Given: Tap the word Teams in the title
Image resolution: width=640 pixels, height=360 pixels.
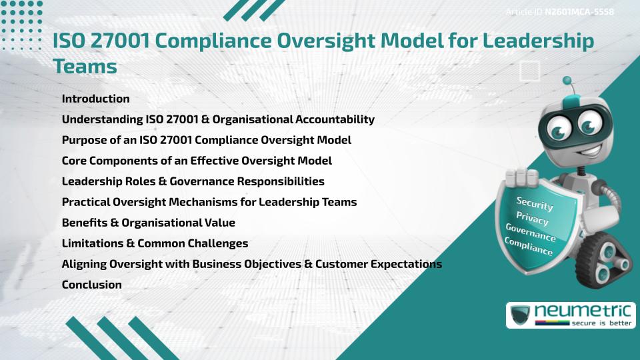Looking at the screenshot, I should (x=85, y=67).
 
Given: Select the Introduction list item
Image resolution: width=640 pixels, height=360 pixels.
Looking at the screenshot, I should (x=95, y=99).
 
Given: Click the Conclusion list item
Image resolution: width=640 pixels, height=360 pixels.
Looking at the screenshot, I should (x=91, y=285).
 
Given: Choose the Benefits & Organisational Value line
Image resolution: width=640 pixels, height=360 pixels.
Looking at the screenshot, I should (x=148, y=223).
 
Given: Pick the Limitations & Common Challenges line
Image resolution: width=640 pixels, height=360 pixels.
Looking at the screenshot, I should (x=155, y=243).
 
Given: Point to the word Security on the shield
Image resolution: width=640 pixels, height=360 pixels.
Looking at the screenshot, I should (x=535, y=204).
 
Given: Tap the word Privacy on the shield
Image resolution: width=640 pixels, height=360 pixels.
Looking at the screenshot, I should (x=533, y=219).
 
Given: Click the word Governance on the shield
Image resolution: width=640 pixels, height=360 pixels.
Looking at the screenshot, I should (x=531, y=233).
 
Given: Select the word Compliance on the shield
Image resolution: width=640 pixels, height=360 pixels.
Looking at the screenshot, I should (x=529, y=247).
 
